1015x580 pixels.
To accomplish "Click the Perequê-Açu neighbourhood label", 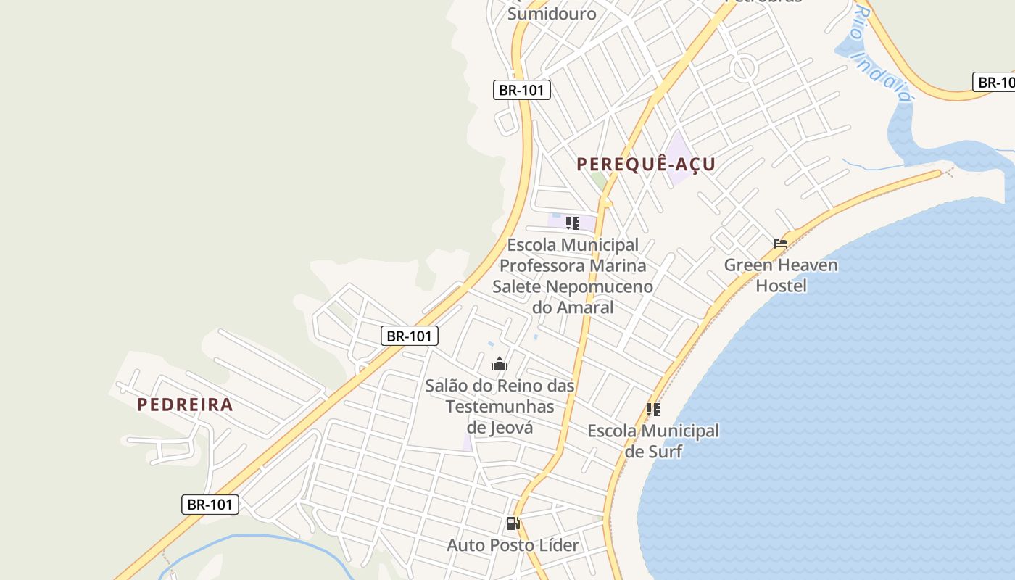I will click(646, 164).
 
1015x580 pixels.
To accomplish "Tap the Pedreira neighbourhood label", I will click(185, 405).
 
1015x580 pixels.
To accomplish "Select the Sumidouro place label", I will click(552, 13).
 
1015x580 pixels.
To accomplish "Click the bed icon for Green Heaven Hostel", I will click(780, 244).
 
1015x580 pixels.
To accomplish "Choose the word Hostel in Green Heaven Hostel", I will click(781, 286).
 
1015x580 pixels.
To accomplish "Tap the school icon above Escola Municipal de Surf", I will click(653, 410).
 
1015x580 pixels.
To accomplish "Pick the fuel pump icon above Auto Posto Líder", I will click(513, 523).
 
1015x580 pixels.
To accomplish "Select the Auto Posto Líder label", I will click(513, 545).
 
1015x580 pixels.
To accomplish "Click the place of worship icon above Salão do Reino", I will click(500, 364).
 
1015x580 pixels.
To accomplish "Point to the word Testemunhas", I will click(500, 407).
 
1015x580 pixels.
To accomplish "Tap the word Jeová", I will click(510, 428).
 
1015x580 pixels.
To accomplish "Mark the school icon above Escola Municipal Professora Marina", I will click(573, 223).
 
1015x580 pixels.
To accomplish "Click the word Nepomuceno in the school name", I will click(599, 286).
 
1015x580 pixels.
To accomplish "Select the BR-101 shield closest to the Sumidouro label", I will click(522, 90).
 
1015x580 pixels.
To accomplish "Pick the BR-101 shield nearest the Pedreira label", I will click(210, 505).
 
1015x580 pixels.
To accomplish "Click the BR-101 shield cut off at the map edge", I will click(994, 82).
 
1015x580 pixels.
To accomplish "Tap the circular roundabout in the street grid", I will click(744, 70).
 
